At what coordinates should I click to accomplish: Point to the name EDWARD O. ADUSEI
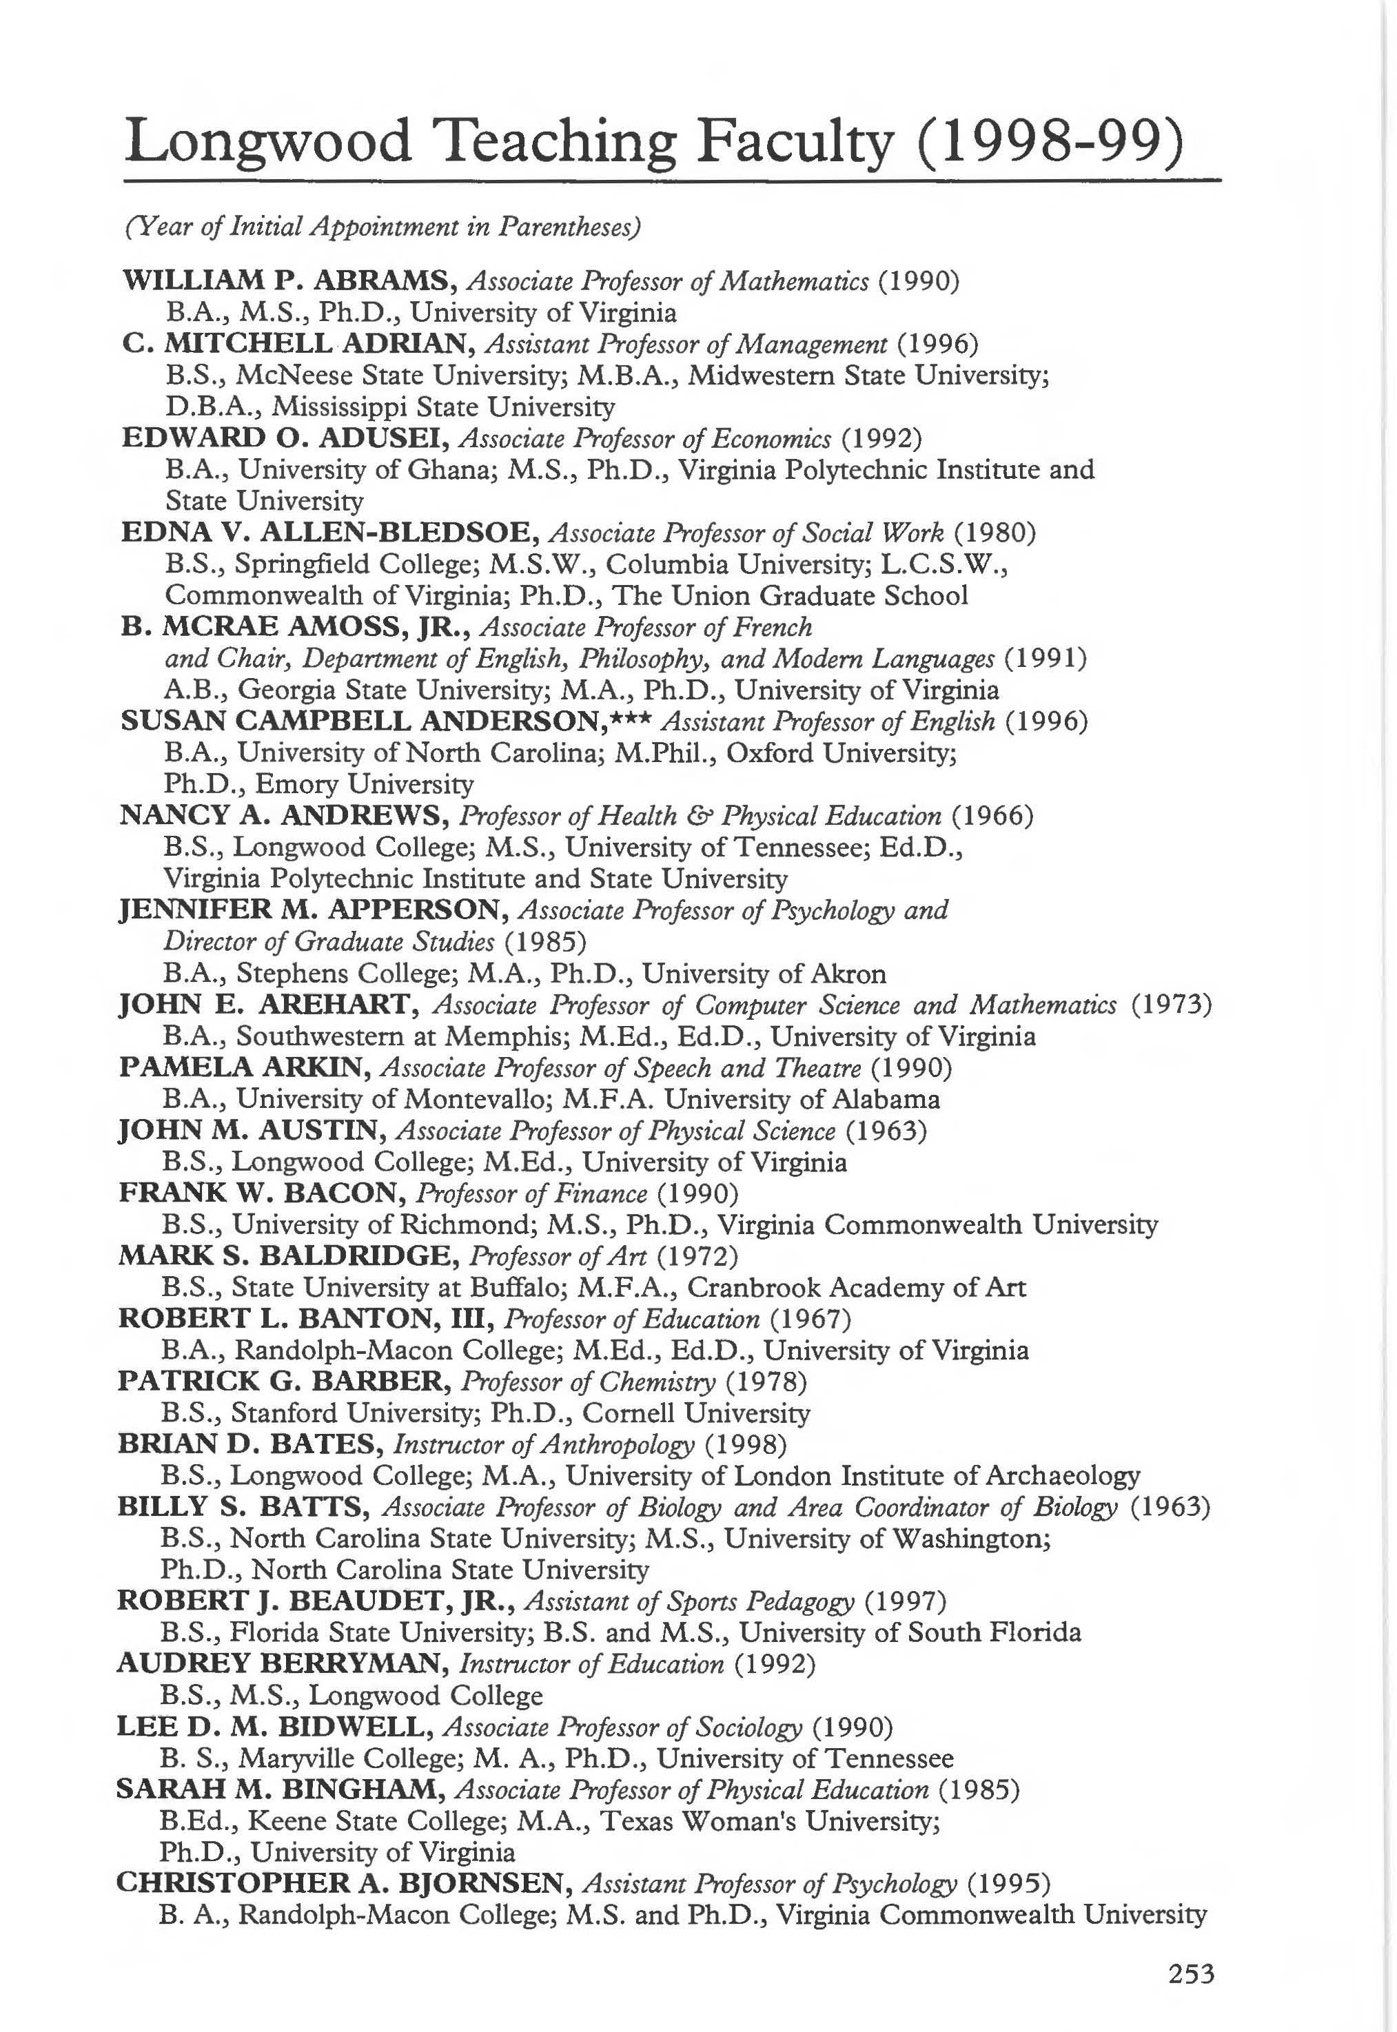point(285,438)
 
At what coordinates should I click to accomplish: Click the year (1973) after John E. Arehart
point(1171,1005)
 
